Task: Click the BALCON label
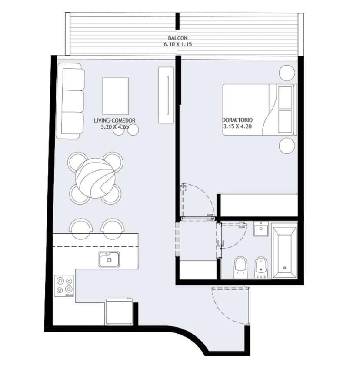[178, 38]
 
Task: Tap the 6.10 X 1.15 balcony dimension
[178, 44]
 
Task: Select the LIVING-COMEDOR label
[114, 120]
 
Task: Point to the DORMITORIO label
[237, 120]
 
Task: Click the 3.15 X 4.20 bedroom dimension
[237, 126]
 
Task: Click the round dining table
[95, 178]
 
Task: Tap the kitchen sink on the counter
[109, 259]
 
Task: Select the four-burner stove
[64, 286]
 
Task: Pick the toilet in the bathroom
[240, 268]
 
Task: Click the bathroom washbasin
[261, 229]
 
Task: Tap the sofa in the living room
[70, 101]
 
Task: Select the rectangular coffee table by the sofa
[115, 96]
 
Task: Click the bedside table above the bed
[287, 73]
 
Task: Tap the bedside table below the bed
[287, 146]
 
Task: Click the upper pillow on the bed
[285, 97]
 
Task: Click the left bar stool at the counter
[81, 229]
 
